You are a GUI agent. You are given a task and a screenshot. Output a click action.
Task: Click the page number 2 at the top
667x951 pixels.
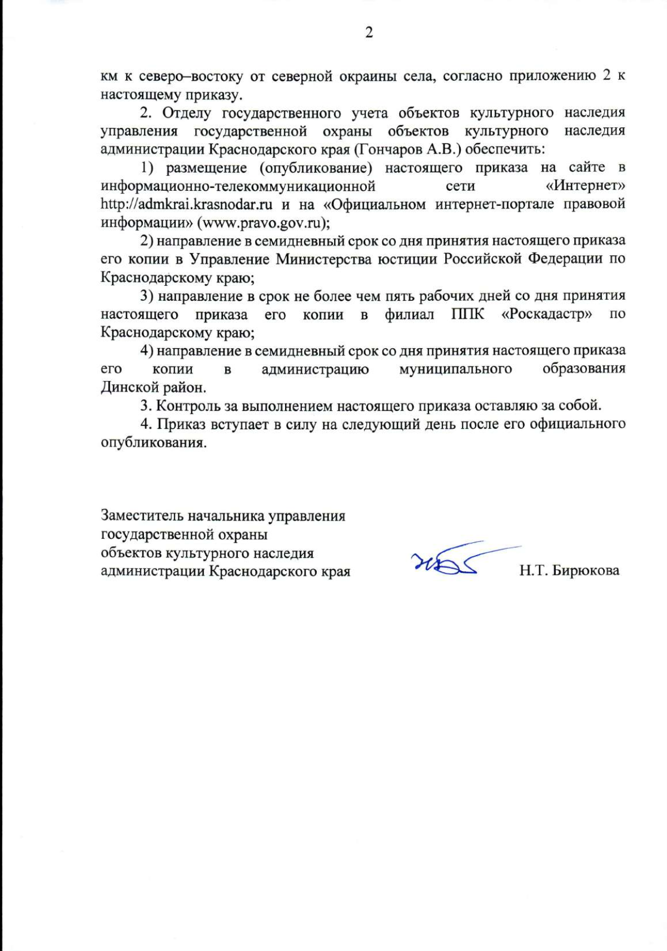point(369,33)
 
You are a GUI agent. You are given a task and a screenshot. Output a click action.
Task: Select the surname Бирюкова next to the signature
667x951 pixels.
point(585,571)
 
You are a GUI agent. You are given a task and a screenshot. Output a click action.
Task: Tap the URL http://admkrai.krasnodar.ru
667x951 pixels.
point(186,204)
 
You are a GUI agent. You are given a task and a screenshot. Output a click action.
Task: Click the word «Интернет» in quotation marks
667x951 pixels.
point(586,186)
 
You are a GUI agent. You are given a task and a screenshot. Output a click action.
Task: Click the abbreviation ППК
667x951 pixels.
point(467,314)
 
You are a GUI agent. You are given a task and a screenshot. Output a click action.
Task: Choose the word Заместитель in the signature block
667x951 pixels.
point(142,516)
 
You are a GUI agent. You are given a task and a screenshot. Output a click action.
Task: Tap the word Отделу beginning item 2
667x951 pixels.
point(186,113)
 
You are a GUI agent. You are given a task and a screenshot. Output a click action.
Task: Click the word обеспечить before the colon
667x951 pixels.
point(507,149)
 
